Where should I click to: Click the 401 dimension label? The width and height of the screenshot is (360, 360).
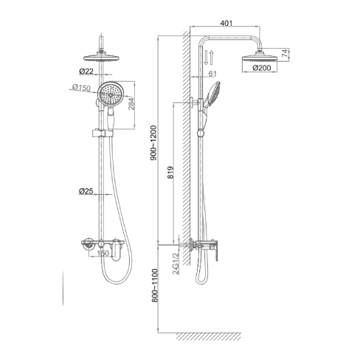point(226,23)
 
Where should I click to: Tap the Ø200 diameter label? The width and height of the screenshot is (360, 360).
point(261,68)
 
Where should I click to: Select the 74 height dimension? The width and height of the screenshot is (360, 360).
point(285,53)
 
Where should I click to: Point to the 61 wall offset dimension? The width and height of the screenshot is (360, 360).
point(212,74)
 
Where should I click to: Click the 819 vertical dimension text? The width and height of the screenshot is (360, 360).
point(170,173)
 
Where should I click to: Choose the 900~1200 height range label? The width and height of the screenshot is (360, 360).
point(153,143)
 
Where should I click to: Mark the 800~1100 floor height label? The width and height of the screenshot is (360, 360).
point(154,285)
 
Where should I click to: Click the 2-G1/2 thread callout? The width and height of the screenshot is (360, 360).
point(176,264)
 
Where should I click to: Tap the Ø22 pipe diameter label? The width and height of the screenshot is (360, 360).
point(86,72)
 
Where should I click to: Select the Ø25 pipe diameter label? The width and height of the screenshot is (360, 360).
point(86,191)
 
